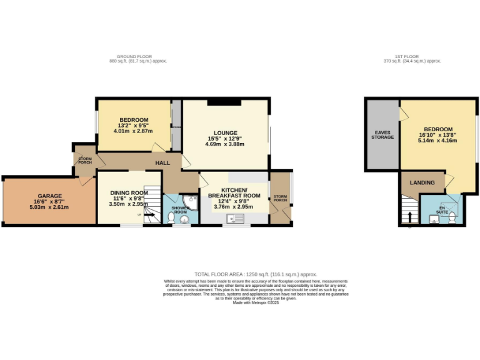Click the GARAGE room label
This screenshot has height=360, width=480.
48,196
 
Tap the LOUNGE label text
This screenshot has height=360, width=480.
224,132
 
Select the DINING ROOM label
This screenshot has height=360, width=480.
128,192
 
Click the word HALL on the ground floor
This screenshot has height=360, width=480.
162,162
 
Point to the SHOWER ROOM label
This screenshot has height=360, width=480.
180,209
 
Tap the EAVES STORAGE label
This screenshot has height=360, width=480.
382,134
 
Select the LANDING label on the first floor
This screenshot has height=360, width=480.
422,182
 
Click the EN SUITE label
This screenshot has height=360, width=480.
442,209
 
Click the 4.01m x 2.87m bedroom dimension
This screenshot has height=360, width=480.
134,131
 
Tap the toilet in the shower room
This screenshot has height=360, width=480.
171,217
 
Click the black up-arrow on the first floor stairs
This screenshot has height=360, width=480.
410,217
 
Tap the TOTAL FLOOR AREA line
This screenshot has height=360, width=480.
256,274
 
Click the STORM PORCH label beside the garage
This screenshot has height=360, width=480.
84,161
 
